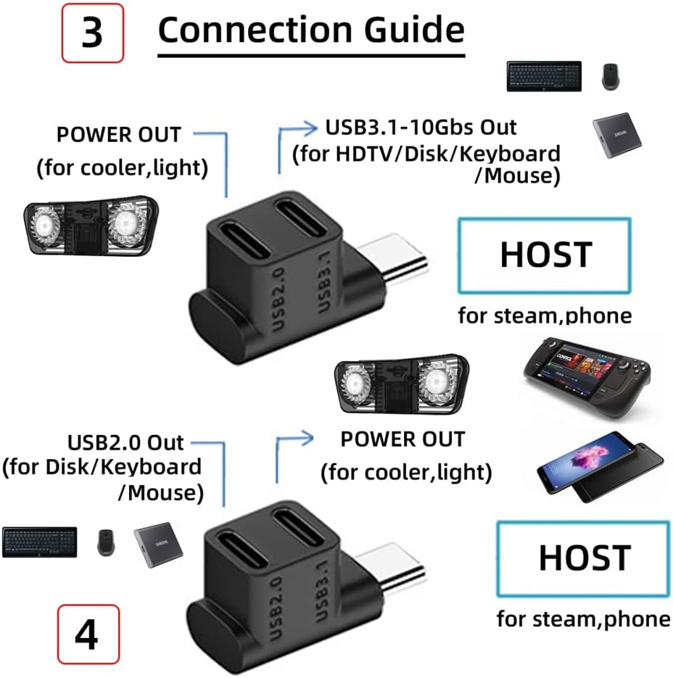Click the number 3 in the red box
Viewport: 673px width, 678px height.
92,33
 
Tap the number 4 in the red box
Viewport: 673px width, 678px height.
86,635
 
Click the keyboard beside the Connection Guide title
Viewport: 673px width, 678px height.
543,76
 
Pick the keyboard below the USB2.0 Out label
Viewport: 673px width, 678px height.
40,542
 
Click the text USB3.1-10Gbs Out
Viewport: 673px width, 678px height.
421,128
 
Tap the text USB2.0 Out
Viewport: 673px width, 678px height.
126,442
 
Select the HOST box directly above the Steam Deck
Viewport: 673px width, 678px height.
545,255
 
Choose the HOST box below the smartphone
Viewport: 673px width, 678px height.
583,558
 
